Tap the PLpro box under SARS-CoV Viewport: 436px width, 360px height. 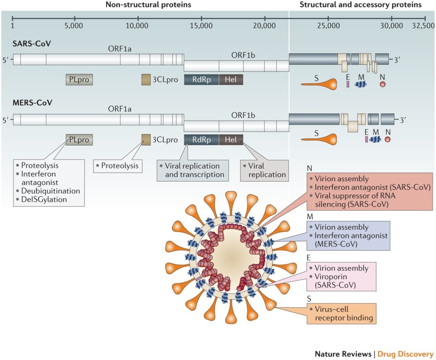[79, 79]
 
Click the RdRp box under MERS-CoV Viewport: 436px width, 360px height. [201, 139]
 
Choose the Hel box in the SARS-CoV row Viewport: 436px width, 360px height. [231, 79]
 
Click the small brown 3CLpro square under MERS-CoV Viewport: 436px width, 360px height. [146, 139]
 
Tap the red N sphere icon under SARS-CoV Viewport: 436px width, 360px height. [382, 84]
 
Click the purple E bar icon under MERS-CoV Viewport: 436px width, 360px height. [366, 139]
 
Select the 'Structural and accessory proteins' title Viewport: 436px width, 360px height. [360, 5]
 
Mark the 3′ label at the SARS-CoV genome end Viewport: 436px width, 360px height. [397, 60]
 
